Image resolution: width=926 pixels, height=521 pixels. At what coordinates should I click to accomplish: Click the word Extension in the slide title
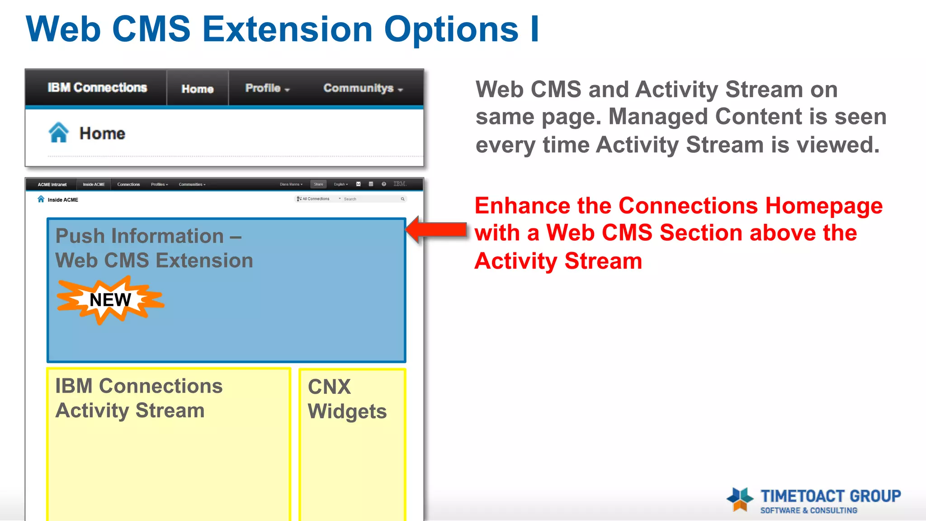click(288, 29)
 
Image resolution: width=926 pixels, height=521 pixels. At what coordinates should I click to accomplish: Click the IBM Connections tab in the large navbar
click(97, 88)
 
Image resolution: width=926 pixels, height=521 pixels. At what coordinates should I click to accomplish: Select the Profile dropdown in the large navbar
click(267, 88)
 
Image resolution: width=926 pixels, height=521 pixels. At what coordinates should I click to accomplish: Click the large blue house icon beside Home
click(59, 133)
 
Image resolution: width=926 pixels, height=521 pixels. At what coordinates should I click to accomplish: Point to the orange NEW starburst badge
click(110, 300)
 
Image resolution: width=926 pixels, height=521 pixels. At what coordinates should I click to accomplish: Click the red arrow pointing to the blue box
click(436, 230)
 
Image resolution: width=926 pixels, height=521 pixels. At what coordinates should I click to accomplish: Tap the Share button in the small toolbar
click(318, 185)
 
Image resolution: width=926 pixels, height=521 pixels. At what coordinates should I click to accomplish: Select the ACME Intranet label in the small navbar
click(52, 185)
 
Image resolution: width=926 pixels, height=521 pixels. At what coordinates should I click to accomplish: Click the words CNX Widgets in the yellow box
click(346, 399)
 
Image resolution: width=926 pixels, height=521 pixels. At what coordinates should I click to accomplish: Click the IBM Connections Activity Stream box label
click(138, 398)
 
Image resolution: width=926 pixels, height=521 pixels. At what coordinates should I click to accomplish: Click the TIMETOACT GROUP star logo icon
click(740, 499)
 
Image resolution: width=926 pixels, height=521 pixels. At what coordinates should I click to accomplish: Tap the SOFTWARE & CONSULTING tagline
click(808, 510)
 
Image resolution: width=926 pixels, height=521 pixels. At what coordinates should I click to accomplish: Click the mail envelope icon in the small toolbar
click(358, 184)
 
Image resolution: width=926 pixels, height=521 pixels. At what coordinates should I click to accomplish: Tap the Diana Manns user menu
click(291, 185)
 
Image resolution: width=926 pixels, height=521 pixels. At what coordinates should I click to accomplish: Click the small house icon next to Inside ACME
click(41, 199)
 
